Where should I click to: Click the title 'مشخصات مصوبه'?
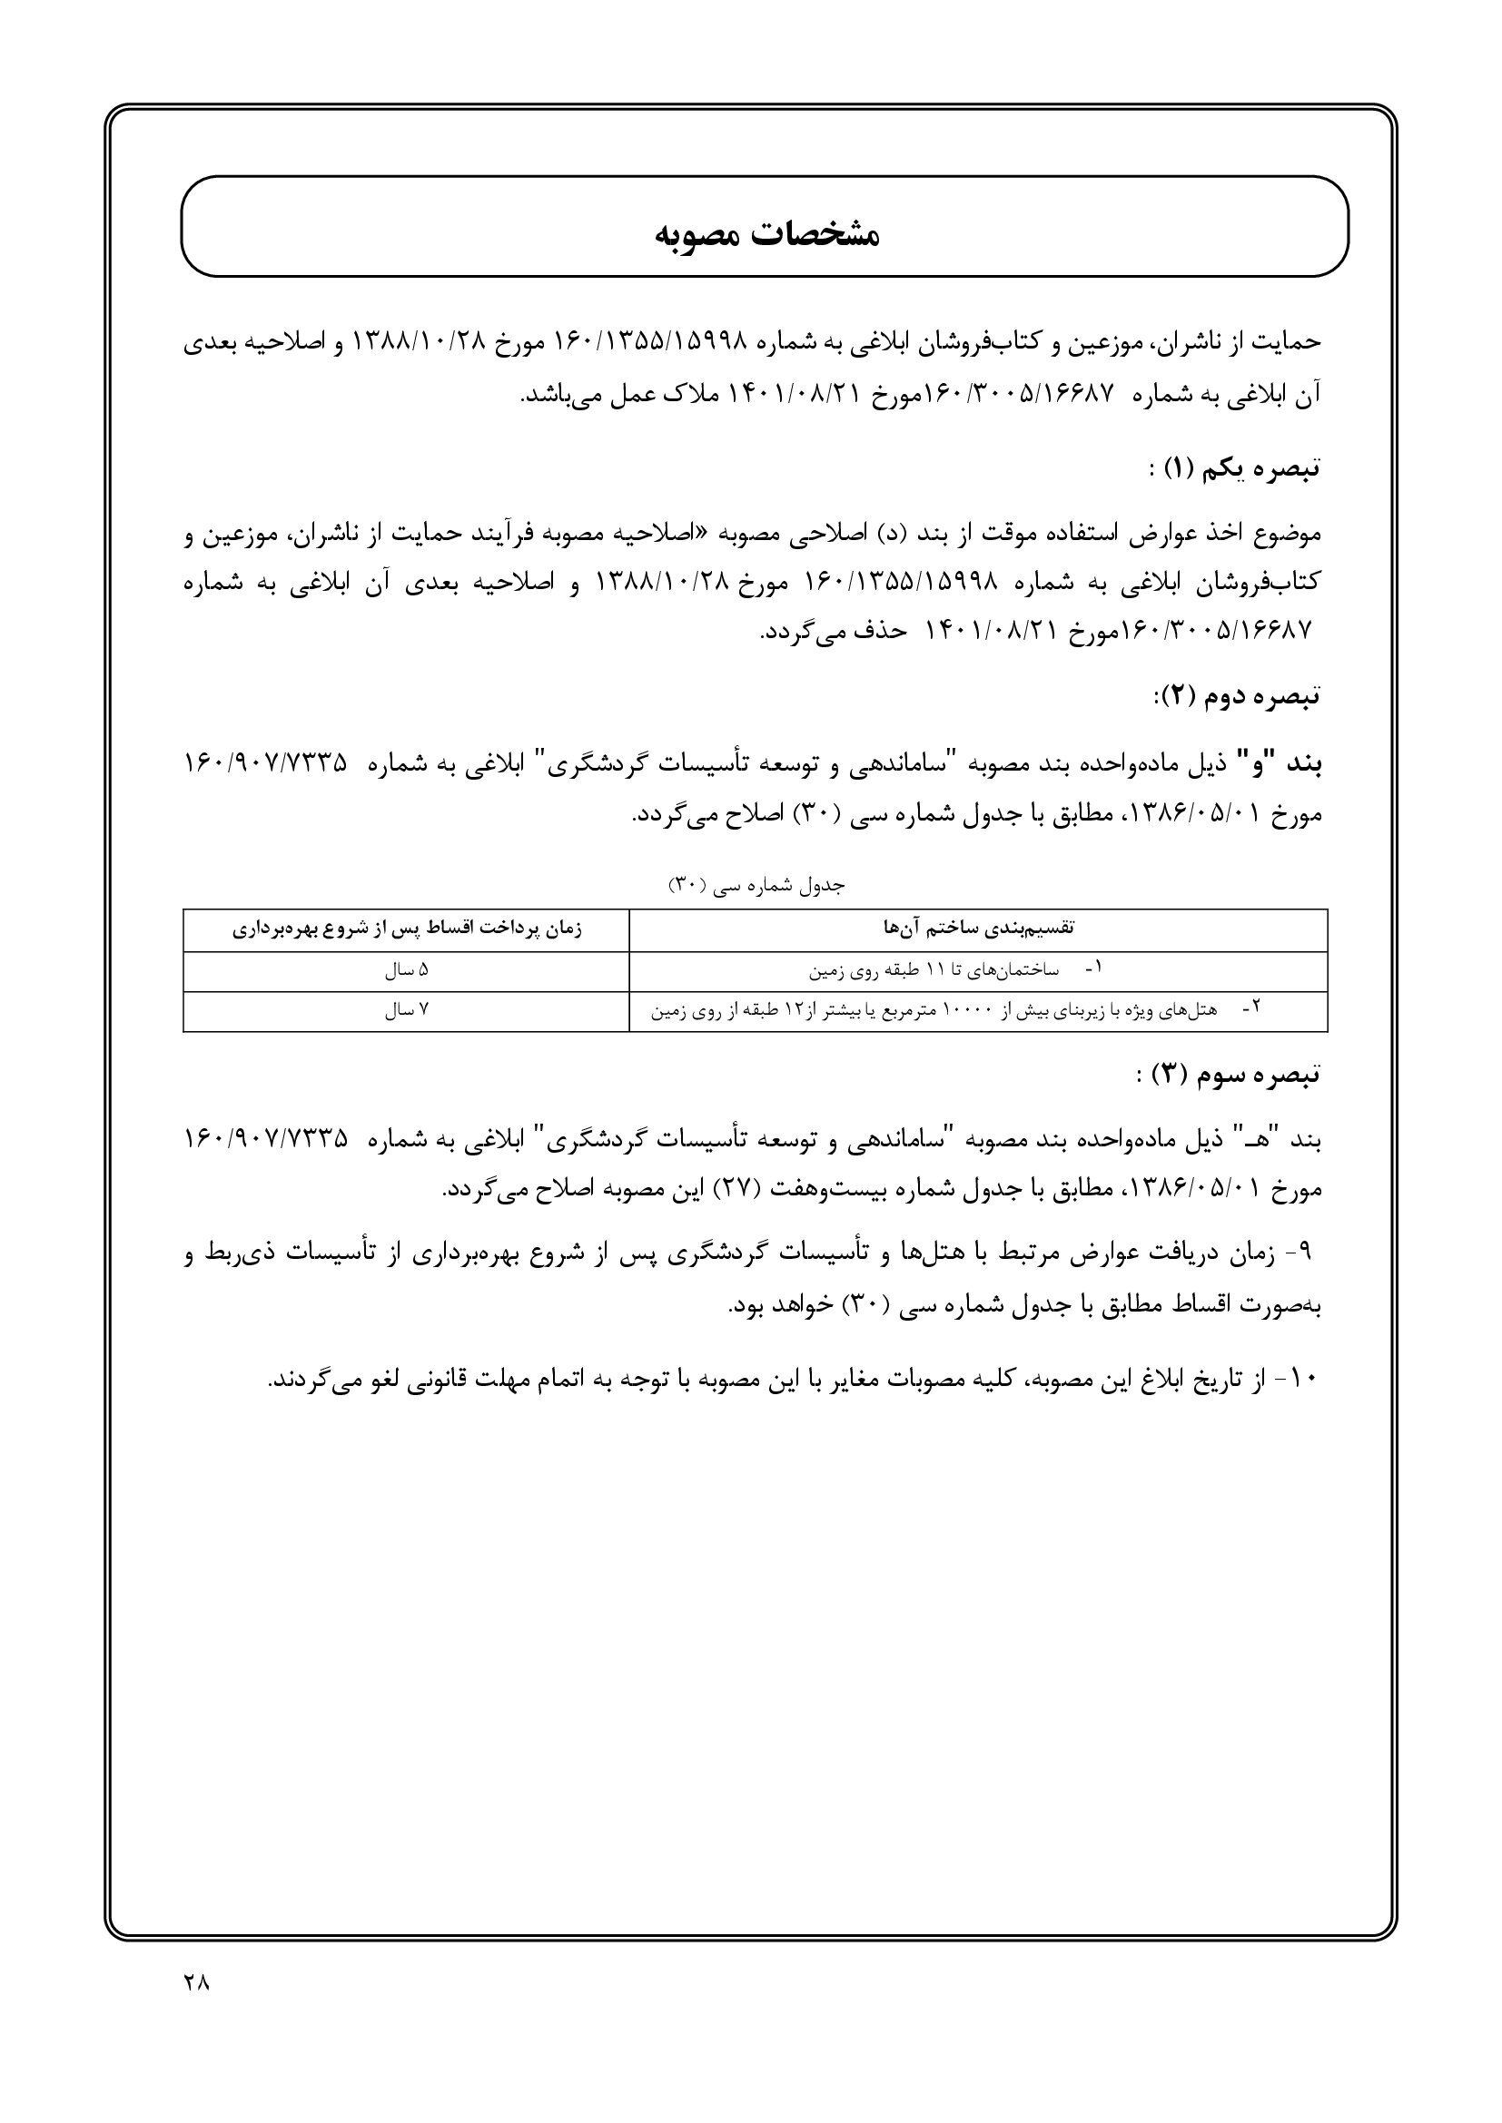tap(766, 235)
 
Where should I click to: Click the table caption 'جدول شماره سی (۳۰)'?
tap(756, 886)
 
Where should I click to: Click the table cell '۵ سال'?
tap(406, 971)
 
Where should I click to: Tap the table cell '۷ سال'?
tap(406, 1010)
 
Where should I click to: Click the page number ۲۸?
tap(197, 1983)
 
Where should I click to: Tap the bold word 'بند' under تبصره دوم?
tap(1300, 764)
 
